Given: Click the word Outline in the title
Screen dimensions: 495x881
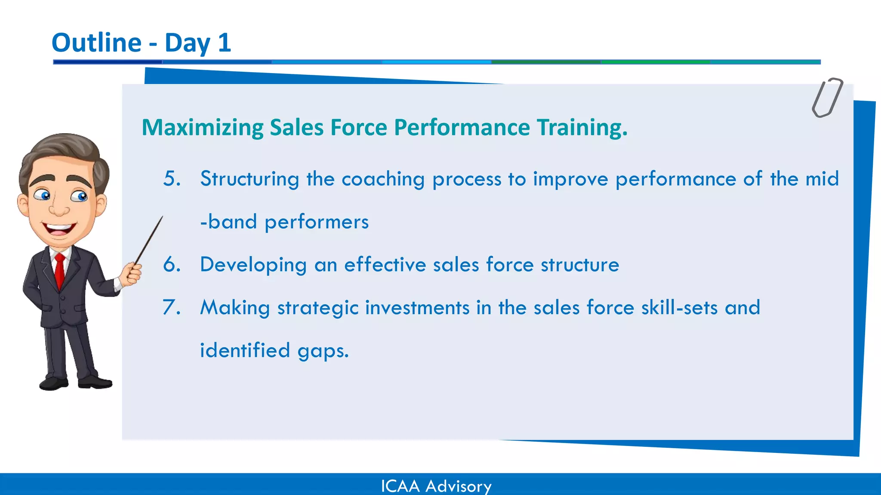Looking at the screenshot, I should pos(96,43).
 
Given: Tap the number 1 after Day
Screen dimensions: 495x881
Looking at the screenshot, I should pos(224,43).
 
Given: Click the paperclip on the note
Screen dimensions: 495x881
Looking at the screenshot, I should pos(827,98).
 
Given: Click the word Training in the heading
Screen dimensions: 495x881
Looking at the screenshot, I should pos(582,128).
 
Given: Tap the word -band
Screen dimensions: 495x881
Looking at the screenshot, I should pos(228,222).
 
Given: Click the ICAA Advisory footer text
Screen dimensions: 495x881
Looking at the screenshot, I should pos(436,486).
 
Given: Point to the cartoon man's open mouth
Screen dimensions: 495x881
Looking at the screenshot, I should pos(59,229).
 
